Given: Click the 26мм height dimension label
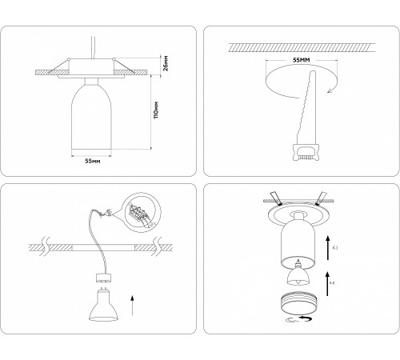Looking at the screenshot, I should pyautogui.click(x=165, y=62).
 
